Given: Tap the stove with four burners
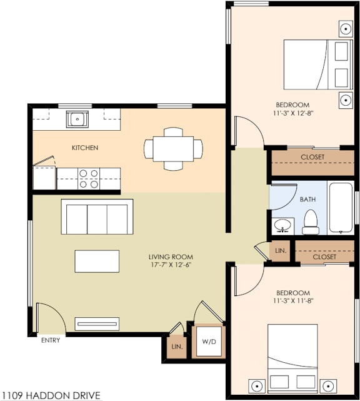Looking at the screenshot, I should pos(89,178).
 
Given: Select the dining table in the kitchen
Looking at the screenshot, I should pos(173,149).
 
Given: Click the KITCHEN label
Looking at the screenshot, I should pos(85,148).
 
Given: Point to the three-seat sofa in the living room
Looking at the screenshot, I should pos(97,216).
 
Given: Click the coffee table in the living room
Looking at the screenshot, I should pos(97,261).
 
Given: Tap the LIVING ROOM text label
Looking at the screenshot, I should pos(171,257).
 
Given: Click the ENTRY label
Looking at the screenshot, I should pos(51,341).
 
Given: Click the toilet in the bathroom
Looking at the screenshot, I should pos(311,220).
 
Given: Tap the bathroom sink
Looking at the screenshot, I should pos(283,224).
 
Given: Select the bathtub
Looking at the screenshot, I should pos(342,207).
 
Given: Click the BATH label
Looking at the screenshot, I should pos(307,200).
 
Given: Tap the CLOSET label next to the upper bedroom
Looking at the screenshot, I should pos(312,157).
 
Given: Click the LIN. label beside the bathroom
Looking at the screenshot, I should pos(281,251).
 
